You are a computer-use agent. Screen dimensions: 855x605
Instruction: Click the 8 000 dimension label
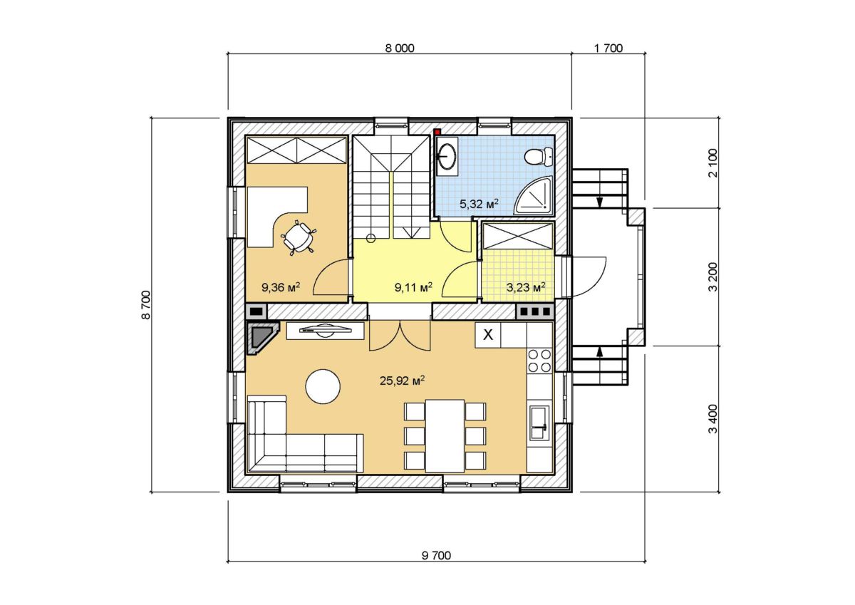[x=400, y=48]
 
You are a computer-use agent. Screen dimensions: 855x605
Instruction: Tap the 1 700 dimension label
[x=608, y=48]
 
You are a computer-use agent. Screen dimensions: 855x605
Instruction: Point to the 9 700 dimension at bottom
[x=436, y=556]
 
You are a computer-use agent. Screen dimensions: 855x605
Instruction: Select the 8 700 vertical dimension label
[x=147, y=304]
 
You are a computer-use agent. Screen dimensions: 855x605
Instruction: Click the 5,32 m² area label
[x=480, y=204]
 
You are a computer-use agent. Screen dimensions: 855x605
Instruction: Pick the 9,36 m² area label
[x=280, y=286]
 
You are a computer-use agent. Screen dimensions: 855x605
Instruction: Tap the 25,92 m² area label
[x=403, y=381]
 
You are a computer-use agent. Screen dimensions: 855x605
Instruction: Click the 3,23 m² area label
[x=526, y=286]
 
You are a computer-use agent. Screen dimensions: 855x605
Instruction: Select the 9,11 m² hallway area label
[x=413, y=286]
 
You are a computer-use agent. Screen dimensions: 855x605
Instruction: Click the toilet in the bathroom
[x=539, y=157]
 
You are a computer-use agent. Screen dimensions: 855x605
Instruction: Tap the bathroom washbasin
[x=447, y=156]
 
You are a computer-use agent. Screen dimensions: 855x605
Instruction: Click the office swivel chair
[x=299, y=238]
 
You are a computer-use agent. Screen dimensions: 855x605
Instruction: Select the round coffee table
[x=323, y=386]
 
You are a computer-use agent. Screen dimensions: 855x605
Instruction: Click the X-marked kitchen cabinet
[x=488, y=335]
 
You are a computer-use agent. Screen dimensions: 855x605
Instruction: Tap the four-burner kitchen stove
[x=539, y=361]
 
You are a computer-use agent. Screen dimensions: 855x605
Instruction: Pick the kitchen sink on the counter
[x=539, y=423]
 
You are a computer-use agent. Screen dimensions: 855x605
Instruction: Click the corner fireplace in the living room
[x=263, y=338]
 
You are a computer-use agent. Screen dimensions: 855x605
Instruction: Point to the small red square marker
[x=437, y=132]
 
